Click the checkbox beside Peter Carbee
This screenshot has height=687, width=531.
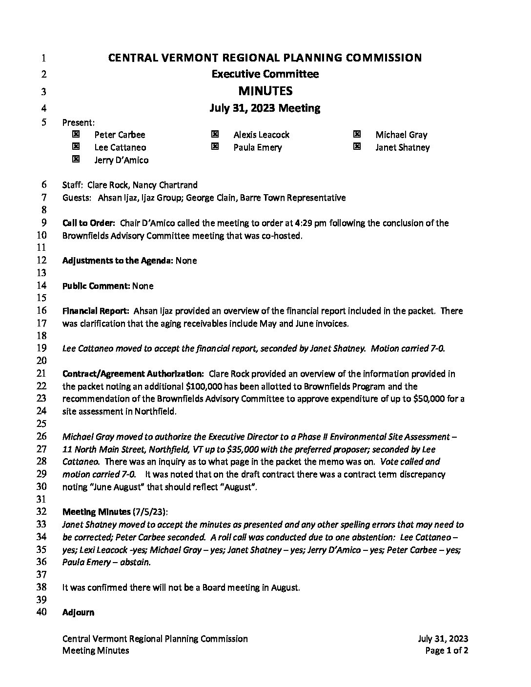76,134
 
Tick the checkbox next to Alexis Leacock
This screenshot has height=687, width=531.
215,134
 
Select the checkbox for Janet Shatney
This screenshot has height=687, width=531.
357,147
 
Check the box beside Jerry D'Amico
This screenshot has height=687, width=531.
76,159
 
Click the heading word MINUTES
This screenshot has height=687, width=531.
265,91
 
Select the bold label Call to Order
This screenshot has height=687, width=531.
88,223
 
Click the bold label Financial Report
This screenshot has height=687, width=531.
96,311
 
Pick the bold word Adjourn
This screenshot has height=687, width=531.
78,612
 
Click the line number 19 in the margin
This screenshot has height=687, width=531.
41,348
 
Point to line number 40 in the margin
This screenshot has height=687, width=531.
41,612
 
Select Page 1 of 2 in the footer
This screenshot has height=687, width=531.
447,650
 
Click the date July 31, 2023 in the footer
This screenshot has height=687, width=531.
443,639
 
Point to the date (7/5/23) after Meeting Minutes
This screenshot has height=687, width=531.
150,512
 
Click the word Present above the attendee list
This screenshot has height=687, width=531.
78,122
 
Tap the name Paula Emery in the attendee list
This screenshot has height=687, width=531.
257,147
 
